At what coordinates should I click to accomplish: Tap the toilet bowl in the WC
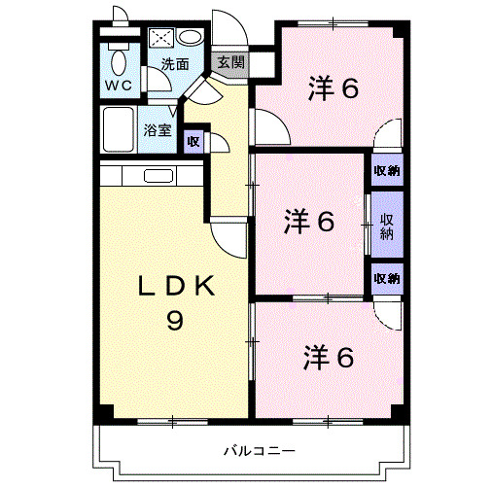click(x=119, y=61)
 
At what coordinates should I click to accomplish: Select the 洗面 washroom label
click(x=175, y=65)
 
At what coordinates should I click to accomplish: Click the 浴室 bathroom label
click(x=158, y=128)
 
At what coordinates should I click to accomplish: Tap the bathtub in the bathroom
click(x=120, y=127)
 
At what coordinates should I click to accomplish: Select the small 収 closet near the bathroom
click(x=193, y=141)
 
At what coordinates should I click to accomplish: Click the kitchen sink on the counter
click(x=158, y=177)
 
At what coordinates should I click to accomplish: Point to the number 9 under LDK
click(x=174, y=320)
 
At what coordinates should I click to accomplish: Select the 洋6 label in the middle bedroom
click(x=311, y=223)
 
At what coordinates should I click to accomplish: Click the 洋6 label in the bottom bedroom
click(x=330, y=357)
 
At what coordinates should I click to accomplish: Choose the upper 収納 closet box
click(x=386, y=171)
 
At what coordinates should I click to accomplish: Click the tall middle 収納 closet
click(x=386, y=227)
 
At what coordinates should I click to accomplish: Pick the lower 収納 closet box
click(x=386, y=279)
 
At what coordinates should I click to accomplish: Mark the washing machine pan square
click(x=161, y=39)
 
